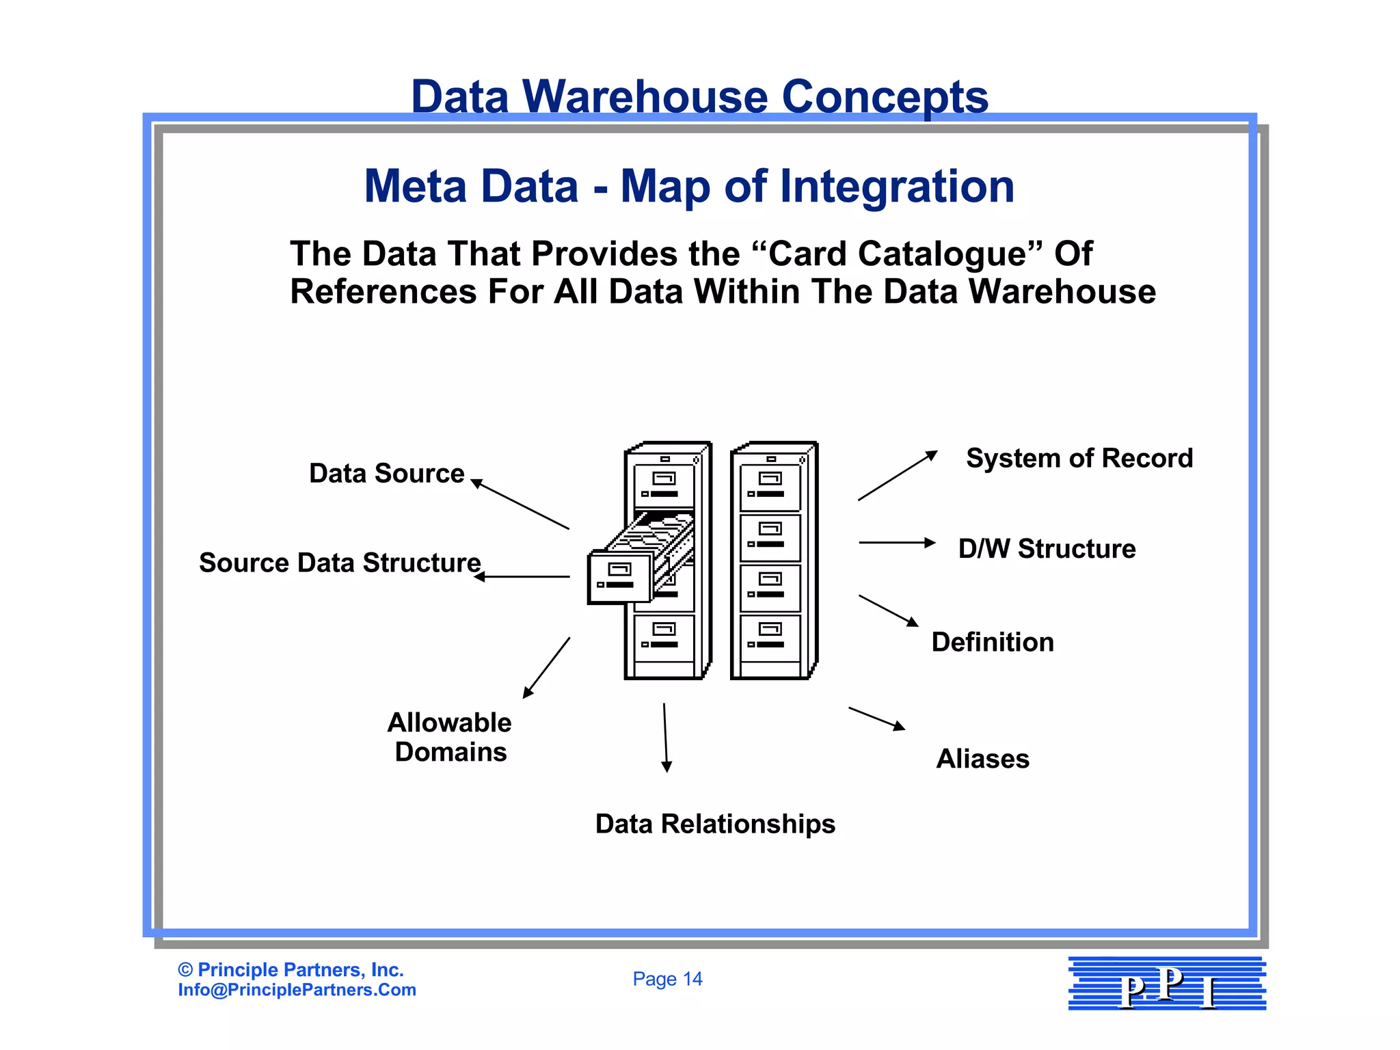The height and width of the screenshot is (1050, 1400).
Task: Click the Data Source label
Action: (x=386, y=474)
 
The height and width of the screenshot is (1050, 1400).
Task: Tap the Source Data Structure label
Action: (x=340, y=563)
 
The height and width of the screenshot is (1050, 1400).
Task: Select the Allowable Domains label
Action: (x=450, y=738)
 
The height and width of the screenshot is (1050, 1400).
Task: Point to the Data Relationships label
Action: (x=715, y=824)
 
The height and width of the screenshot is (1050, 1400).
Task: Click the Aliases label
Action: (x=982, y=759)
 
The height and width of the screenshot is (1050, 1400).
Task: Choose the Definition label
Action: (x=993, y=643)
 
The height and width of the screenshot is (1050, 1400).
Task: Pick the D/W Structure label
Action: (x=1047, y=549)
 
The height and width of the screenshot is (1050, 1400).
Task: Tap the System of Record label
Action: (x=1079, y=459)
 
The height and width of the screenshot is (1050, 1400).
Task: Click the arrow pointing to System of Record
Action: (x=898, y=476)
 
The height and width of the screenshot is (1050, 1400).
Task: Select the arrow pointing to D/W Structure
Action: (x=897, y=543)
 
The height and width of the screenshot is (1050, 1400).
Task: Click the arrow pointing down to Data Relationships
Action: (x=665, y=738)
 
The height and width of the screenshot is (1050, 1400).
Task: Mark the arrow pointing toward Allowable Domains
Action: (x=546, y=668)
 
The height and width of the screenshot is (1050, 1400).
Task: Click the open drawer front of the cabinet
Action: (x=619, y=578)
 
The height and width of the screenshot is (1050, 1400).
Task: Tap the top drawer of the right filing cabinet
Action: (x=770, y=487)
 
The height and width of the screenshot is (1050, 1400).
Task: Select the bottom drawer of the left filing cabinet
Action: (x=664, y=638)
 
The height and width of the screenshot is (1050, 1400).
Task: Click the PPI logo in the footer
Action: (x=1167, y=984)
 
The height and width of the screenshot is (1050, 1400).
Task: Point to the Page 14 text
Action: (x=667, y=980)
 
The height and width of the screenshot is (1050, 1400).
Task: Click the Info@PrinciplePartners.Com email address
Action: (x=297, y=991)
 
